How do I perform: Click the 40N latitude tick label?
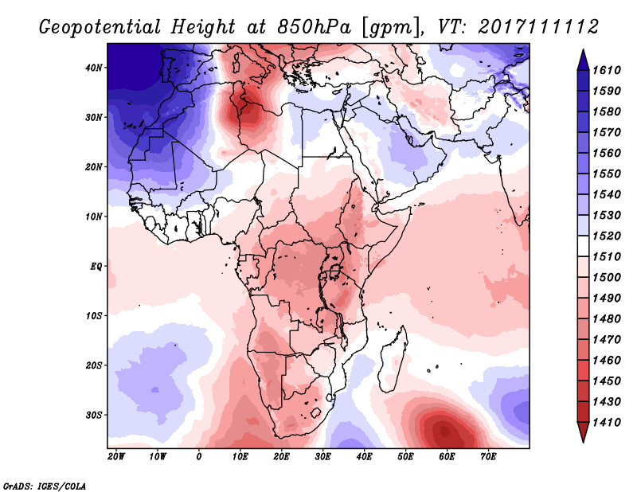click(94, 68)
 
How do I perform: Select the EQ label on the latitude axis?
click(96, 266)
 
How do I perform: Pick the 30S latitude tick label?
click(94, 415)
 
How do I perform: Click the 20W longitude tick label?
click(116, 457)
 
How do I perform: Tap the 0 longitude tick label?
click(199, 457)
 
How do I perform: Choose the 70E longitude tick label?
click(488, 457)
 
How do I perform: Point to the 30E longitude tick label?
click(322, 457)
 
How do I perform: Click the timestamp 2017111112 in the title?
click(538, 26)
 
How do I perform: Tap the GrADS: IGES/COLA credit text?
click(45, 484)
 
